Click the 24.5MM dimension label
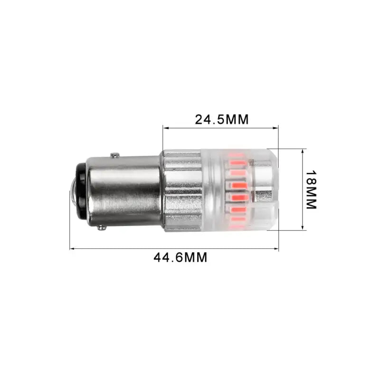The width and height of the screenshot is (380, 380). tap(222, 119)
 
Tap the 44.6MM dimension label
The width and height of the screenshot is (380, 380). tap(180, 257)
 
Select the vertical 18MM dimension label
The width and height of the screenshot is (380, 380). tap(311, 190)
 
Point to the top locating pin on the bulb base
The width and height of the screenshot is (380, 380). tap(114, 155)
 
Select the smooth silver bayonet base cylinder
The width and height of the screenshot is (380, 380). tap(123, 190)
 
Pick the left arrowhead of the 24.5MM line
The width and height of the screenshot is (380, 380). tap(165, 127)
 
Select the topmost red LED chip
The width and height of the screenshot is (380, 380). tap(236, 154)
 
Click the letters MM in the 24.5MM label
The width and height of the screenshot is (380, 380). tap(237, 119)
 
